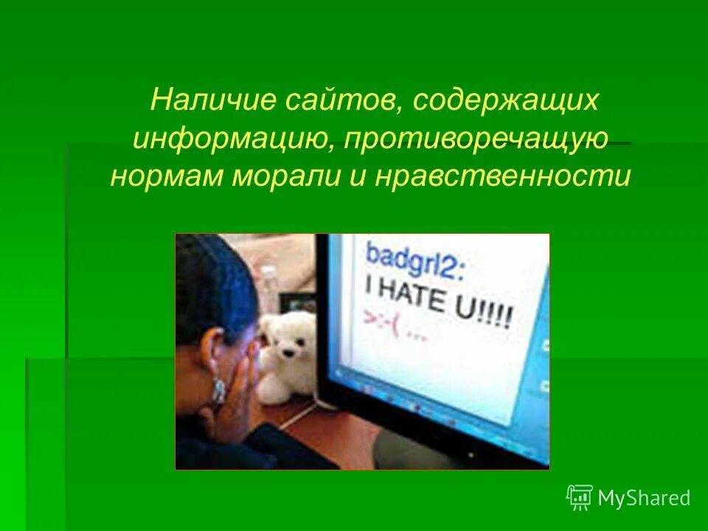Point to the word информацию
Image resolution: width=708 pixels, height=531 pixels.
pos(231,139)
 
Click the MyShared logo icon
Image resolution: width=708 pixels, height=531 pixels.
pos(580,497)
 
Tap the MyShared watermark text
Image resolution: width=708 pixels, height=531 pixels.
pos(644,499)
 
